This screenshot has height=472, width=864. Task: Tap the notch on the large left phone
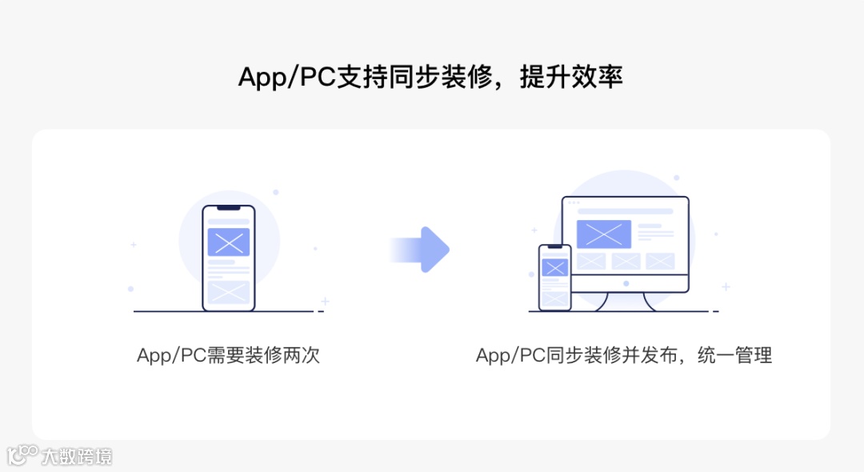pos(228,208)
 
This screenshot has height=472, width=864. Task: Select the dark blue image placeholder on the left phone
pos(228,242)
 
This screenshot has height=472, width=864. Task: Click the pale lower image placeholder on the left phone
pos(228,291)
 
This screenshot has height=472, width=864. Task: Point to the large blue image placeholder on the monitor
pos(604,234)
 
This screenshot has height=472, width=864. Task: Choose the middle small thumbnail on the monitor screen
pos(626,261)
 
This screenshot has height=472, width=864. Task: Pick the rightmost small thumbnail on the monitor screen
pos(660,261)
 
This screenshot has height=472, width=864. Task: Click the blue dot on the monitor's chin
pos(626,283)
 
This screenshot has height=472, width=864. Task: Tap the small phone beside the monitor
pos(554,277)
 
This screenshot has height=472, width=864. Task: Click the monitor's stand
pos(626,302)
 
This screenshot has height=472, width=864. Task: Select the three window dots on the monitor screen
pos(573,202)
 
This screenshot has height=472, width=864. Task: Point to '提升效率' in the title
pos(571,78)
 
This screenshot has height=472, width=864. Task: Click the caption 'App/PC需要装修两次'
pos(228,355)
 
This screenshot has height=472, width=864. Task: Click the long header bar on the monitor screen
pos(625,211)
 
